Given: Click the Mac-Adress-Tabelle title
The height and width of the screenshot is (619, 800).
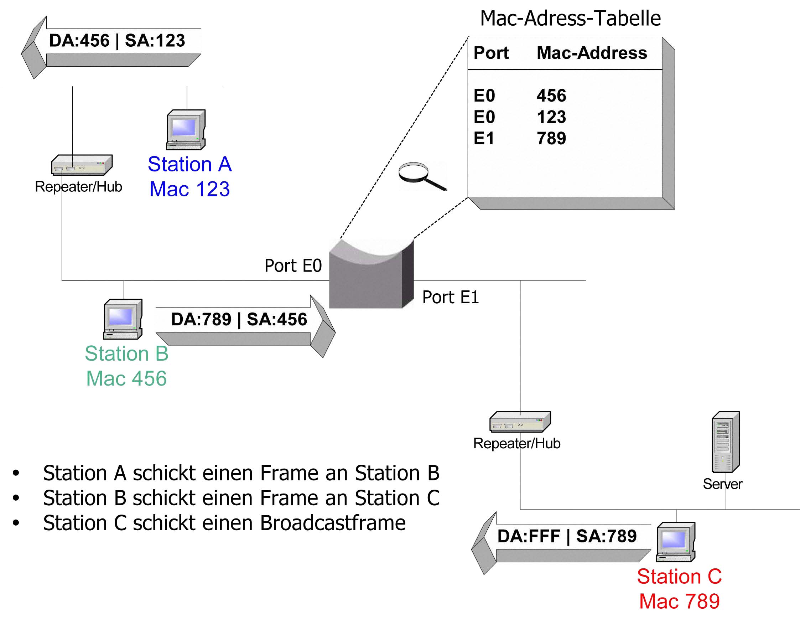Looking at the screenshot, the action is pyautogui.click(x=570, y=18).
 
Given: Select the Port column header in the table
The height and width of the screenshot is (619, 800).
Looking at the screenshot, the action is pyautogui.click(x=491, y=53).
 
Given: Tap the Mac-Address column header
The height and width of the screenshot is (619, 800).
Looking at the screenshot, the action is pyautogui.click(x=592, y=53).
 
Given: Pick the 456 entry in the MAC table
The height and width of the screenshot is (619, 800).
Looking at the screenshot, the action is pyautogui.click(x=551, y=96).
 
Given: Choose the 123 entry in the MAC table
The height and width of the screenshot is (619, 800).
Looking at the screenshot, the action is pyautogui.click(x=551, y=117).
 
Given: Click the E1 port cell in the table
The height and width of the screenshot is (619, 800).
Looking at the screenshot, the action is pyautogui.click(x=484, y=139).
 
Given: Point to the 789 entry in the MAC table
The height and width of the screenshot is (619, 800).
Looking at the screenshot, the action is pyautogui.click(x=551, y=139).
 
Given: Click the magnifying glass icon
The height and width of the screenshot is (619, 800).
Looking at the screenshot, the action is pyautogui.click(x=423, y=176).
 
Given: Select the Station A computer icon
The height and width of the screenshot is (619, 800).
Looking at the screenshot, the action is pyautogui.click(x=186, y=130).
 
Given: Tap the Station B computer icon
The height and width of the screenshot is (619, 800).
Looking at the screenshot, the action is pyautogui.click(x=123, y=319).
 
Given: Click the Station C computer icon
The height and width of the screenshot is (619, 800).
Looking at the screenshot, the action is pyautogui.click(x=676, y=542).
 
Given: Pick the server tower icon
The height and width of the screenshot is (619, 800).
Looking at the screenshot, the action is pyautogui.click(x=726, y=442).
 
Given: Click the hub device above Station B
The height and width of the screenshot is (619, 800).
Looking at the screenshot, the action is pyautogui.click(x=82, y=165).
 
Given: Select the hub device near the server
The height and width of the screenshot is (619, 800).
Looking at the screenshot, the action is pyautogui.click(x=520, y=422).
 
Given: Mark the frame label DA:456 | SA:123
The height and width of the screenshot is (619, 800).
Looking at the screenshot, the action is pyautogui.click(x=117, y=40).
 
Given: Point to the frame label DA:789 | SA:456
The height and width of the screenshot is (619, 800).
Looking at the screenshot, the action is pyautogui.click(x=239, y=319).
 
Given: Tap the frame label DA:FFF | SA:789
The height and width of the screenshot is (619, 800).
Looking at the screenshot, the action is pyautogui.click(x=567, y=536).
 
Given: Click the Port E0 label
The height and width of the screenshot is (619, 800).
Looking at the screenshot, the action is pyautogui.click(x=293, y=266).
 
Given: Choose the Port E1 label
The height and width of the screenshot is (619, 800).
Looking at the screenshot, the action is pyautogui.click(x=451, y=297).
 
